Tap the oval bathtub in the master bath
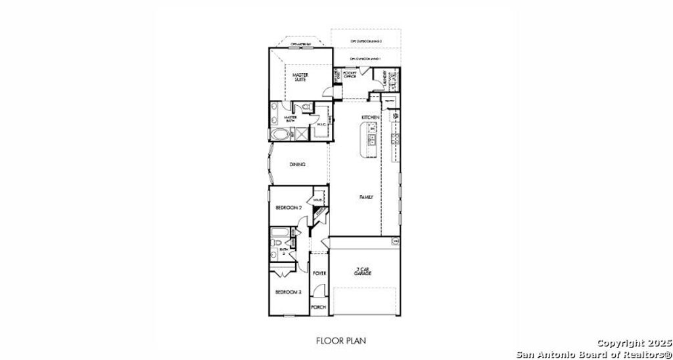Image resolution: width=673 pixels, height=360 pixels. tap(279, 135)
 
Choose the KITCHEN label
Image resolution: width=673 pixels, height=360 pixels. tap(371, 117)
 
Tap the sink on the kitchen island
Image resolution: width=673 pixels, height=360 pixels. tap(371, 140)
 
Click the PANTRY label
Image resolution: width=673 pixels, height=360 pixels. tap(389, 101)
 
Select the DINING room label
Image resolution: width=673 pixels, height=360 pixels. tap(297, 165)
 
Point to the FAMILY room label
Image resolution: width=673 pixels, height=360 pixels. tap(366, 196)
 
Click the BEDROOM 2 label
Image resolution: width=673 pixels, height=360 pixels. tap(288, 208)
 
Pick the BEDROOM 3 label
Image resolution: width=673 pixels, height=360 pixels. tap(287, 292)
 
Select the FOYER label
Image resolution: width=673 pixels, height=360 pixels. tap(319, 273)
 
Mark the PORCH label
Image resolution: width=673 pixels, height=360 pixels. tap(318, 307)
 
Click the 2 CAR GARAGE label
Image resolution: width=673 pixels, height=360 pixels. tap(363, 271)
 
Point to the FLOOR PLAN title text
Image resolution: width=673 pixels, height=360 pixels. tap(340, 340)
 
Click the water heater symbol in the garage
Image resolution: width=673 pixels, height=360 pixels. tap(395, 242)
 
